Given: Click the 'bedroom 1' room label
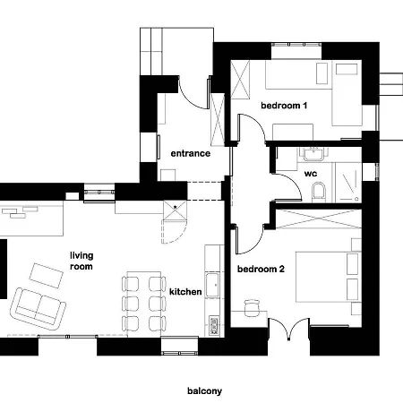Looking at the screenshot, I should pos(284,106).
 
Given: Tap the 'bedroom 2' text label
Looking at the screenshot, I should pos(261,269).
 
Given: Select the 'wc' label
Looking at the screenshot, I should pos(311,173).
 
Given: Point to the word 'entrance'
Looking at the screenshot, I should pos(191,153).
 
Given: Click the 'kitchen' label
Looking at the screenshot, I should pos(185,292).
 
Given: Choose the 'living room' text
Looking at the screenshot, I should pos(81,261).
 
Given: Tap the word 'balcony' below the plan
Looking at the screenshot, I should pos(204,390).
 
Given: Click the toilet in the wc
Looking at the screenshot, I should pos(320,191).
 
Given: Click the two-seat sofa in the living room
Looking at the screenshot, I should pos(39,307).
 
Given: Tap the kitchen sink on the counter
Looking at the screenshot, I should pos(214,286).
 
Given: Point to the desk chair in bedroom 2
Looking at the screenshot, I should pos(252,309).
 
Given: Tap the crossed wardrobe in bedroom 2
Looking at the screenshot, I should pos(319,219).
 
